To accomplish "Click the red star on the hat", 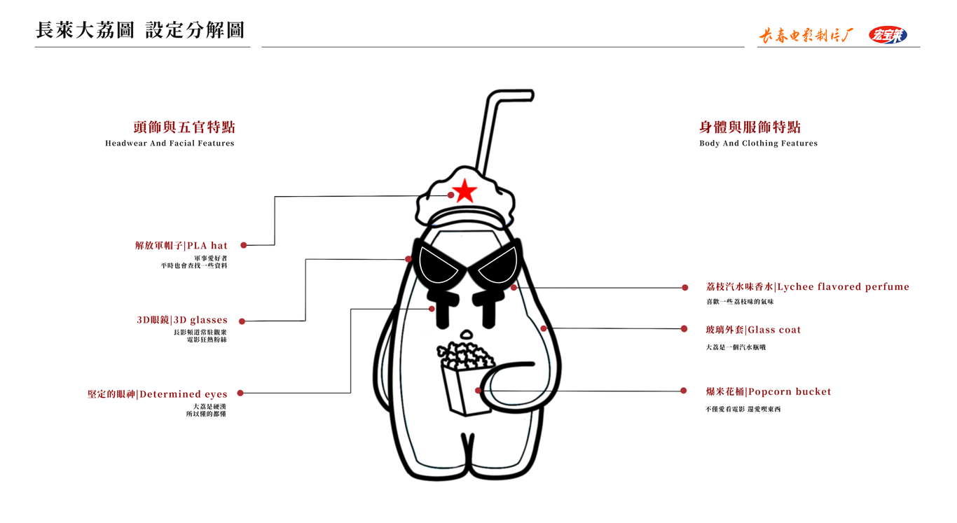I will tap(463, 191).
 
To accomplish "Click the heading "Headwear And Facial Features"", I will tap(170, 144).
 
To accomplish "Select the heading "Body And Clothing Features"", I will tap(758, 144).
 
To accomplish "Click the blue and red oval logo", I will tap(888, 34).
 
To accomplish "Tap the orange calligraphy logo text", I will tap(806, 36).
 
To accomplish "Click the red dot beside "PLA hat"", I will tap(244, 246).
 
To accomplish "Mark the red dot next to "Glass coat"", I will tap(684, 329).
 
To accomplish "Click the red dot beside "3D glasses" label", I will tap(242, 321).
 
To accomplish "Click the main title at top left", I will tap(140, 30).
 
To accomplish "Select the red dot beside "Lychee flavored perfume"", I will tap(685, 288).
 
